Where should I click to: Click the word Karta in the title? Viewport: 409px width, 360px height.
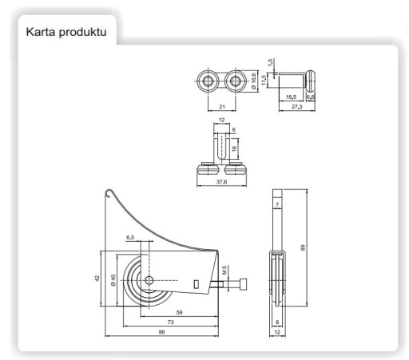pos(41,32)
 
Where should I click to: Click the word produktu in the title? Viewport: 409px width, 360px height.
pos(83,33)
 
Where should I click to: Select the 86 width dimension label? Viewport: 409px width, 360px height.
pos(161,332)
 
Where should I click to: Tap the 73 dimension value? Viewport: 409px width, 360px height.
pos(171,322)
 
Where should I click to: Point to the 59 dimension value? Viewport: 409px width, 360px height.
pos(180,312)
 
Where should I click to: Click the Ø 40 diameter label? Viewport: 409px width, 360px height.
pos(113,280)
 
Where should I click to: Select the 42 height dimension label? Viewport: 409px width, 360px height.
pos(97,278)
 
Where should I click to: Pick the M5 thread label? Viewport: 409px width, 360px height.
pos(224,270)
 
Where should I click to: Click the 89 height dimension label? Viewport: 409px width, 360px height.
pos(303,247)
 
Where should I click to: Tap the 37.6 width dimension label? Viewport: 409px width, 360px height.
pos(221,182)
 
